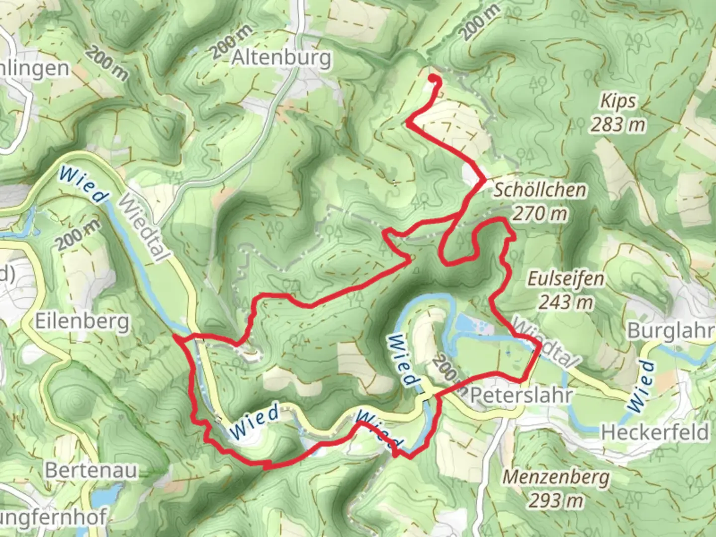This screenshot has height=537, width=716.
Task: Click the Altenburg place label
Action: pyautogui.click(x=281, y=58)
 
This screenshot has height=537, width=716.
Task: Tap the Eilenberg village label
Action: pyautogui.click(x=82, y=322)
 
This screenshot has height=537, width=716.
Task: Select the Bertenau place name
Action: pyautogui.click(x=91, y=470)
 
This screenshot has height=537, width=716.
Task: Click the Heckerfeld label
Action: pyautogui.click(x=655, y=432)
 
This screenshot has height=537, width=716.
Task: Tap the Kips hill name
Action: pyautogui.click(x=618, y=101)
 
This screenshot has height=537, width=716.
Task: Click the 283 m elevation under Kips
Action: pyautogui.click(x=618, y=124)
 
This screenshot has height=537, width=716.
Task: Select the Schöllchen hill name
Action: pyautogui.click(x=539, y=190)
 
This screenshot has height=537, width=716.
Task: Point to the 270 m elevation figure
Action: pyautogui.click(x=539, y=214)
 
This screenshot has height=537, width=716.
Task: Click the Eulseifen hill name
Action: pyautogui.click(x=566, y=279)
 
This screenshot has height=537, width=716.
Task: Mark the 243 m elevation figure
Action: pyautogui.click(x=566, y=302)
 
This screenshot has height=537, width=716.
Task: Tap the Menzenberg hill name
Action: pyautogui.click(x=556, y=477)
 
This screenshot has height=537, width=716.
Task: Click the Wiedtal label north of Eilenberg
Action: pyautogui.click(x=143, y=227)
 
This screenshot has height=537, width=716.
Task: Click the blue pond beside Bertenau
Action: pyautogui.click(x=105, y=496)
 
